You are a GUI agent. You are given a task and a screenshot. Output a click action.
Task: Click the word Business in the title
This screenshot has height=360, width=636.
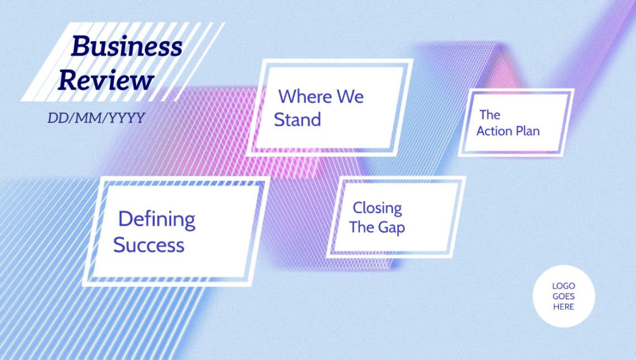pos(127,46)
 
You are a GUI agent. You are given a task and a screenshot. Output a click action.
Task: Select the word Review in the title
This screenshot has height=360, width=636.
pos(106,80)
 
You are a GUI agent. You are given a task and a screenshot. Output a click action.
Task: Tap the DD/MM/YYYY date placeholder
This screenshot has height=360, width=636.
pos(96,118)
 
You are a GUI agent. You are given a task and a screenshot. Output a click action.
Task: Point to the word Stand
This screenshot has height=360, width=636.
pos(297,119)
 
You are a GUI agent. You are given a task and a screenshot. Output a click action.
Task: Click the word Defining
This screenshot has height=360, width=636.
pos(156,219)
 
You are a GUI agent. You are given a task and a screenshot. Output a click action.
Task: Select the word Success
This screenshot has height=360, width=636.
pos(149,245)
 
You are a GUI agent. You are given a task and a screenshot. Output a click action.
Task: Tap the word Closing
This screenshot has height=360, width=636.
pos(377,208)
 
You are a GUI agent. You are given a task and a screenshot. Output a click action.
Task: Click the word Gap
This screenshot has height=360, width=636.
pos(391,228)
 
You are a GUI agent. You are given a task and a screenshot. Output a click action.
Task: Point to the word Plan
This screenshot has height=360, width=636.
pos(527,131)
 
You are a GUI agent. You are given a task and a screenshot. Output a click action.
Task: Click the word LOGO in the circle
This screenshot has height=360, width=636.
pos(564,286)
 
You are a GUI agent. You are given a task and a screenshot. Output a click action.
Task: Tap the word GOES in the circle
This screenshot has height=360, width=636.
pos(564,296)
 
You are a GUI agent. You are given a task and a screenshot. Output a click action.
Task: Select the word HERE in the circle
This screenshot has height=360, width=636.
pos(564,307)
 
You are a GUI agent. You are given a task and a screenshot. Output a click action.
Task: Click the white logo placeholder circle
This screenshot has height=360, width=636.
pos(564,296)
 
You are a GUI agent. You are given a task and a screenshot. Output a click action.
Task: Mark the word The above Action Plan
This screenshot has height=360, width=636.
pos(490,115)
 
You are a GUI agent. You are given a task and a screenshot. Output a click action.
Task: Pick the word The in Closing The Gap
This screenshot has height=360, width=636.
pos(362,227)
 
